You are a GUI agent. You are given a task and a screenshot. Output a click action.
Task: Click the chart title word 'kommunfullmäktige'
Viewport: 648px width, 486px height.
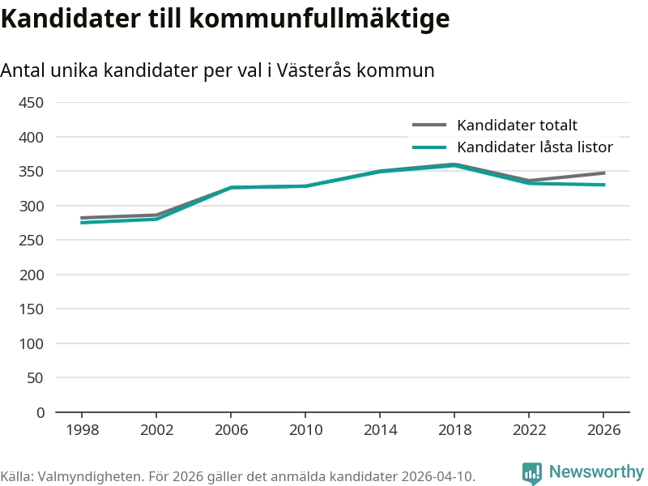[319, 18]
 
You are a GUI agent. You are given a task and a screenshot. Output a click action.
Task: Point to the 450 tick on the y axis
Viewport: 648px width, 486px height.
[31, 103]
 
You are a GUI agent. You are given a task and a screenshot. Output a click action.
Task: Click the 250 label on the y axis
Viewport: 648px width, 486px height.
[31, 240]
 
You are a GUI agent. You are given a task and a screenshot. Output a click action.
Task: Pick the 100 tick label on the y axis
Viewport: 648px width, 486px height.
[31, 343]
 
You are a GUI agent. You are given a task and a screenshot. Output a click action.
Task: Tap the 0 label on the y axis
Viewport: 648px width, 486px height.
[40, 412]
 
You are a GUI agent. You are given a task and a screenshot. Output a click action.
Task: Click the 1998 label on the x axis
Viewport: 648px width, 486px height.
[83, 430]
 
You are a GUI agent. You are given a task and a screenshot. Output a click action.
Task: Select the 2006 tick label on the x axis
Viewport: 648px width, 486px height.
[231, 430]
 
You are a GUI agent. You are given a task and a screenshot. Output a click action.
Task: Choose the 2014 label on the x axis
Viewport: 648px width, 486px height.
[380, 430]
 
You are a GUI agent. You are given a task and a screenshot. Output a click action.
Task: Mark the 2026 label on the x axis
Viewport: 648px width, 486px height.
[603, 430]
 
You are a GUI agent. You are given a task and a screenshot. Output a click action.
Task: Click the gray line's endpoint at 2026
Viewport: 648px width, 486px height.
[603, 173]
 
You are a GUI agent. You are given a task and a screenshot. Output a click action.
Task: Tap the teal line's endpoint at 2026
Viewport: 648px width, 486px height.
[603, 185]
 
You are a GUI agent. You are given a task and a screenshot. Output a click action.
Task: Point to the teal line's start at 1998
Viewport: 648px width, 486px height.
[82, 223]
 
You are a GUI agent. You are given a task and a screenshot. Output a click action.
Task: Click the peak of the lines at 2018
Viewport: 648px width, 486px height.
[454, 165]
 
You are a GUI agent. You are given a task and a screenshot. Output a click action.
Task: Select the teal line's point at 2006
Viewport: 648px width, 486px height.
[231, 187]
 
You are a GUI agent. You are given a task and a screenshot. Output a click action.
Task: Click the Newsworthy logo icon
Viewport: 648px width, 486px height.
[532, 472]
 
